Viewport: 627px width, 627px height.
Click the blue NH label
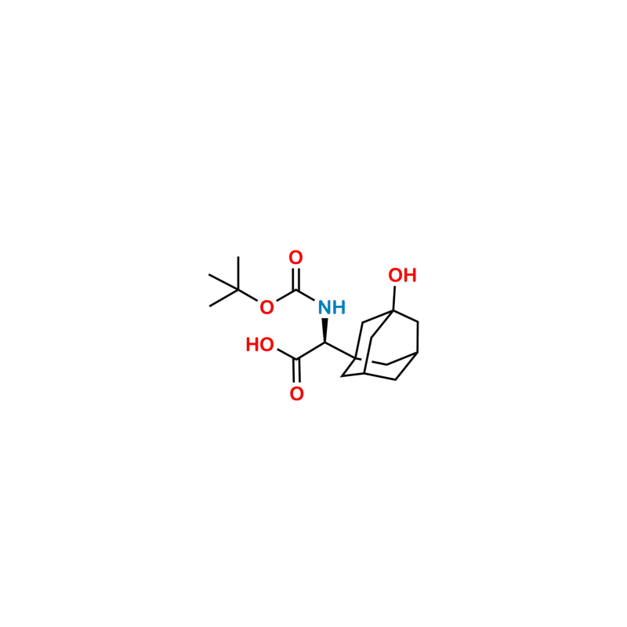pos(332,307)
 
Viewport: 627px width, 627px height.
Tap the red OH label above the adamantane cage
pos(402,275)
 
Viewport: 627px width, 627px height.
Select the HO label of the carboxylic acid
pos(259,345)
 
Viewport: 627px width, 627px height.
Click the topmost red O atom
pos(295,258)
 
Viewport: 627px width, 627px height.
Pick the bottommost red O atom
pos(297,394)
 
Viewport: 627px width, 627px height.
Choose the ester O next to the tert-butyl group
pos(266,307)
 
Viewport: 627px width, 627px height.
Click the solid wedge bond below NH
pos(324,330)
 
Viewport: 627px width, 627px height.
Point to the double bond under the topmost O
pos(296,279)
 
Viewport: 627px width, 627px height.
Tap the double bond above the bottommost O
pos(296,371)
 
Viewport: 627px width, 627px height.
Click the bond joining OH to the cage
pos(394,299)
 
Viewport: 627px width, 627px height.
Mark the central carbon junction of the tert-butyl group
pos(238,289)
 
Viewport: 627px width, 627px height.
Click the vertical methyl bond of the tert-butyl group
pos(238,273)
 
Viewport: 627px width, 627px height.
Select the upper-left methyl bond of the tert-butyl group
pos(223,282)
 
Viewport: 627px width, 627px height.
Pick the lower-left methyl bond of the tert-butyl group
pos(224,298)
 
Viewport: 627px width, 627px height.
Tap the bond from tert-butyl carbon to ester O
pos(248,295)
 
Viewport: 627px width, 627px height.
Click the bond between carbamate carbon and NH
pos(305,295)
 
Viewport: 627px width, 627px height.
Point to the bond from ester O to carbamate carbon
pos(286,295)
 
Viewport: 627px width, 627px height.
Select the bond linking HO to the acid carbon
pos(287,354)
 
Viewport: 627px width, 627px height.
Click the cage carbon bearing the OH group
pos(393,310)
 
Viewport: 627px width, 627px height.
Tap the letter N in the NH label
pos(324,307)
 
